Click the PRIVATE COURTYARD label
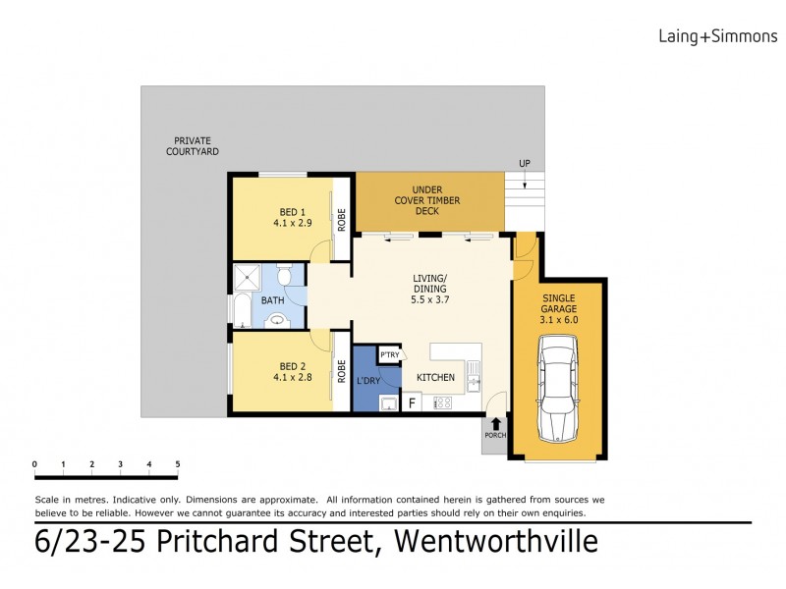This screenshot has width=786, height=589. pyautogui.click(x=193, y=146)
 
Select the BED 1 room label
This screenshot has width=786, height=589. pyautogui.click(x=293, y=212)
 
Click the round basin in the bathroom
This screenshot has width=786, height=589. pyautogui.click(x=277, y=318)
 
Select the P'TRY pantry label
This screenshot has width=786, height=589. pyautogui.click(x=390, y=355)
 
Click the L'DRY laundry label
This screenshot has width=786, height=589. pyautogui.click(x=368, y=380)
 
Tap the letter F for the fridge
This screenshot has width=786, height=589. pyautogui.click(x=413, y=402)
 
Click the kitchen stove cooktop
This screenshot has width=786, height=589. pyautogui.click(x=442, y=402)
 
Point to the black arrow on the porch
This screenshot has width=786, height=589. pyautogui.click(x=495, y=425)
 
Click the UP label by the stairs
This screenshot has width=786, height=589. pyautogui.click(x=526, y=164)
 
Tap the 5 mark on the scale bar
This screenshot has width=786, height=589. pyautogui.click(x=178, y=463)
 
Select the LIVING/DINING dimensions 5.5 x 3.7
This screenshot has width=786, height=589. pyautogui.click(x=429, y=300)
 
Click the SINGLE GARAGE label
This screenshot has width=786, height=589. pyautogui.click(x=557, y=307)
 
